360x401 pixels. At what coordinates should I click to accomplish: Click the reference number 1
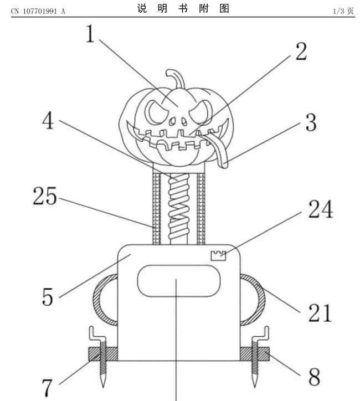[x=90, y=33]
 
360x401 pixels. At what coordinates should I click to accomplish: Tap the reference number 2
[x=301, y=52]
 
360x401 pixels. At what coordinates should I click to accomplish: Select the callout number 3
[x=311, y=122]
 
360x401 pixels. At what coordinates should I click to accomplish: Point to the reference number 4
[x=48, y=120]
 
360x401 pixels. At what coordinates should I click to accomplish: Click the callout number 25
[x=45, y=196]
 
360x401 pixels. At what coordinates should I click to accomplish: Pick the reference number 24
[x=321, y=209]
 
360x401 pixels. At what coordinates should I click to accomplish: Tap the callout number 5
[x=47, y=297]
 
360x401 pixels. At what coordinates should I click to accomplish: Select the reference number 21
[x=320, y=312]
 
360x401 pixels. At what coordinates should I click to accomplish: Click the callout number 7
[x=47, y=388]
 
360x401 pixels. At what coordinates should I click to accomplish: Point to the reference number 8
[x=314, y=377]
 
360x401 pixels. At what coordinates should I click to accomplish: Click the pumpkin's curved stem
[x=177, y=78]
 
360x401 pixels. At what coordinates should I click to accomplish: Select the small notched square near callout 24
[x=218, y=256]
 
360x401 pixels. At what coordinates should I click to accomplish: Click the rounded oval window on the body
[x=179, y=281]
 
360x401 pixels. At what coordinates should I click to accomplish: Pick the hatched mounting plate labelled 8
[x=255, y=354]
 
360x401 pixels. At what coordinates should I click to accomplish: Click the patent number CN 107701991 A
[x=38, y=11]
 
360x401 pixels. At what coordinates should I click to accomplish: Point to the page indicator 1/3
[x=338, y=11]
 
